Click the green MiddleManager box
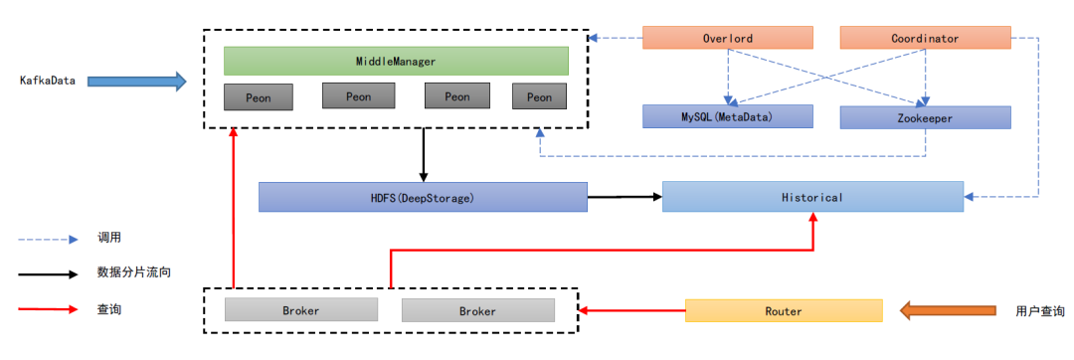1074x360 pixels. click(396, 61)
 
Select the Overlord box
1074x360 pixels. click(727, 38)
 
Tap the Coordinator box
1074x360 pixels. click(926, 38)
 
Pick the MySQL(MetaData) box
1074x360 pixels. click(727, 117)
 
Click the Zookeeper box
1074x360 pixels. click(926, 117)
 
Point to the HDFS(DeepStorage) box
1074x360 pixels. click(423, 197)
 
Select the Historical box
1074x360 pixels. click(812, 197)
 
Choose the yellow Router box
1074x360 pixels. click(784, 310)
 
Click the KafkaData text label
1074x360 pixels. click(48, 81)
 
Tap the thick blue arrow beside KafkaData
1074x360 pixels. click(137, 82)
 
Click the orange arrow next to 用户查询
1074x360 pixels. click(948, 310)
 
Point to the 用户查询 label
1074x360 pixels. click(1040, 310)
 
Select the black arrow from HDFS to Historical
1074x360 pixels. click(625, 197)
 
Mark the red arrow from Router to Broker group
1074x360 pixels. click(631, 310)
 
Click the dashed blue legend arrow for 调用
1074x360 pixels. click(48, 240)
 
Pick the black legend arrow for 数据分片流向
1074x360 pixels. click(48, 273)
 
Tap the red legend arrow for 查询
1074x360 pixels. click(48, 309)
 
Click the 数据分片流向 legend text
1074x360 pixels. click(134, 273)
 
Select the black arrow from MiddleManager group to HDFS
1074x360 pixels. click(424, 155)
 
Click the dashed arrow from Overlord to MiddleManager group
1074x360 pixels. click(616, 38)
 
